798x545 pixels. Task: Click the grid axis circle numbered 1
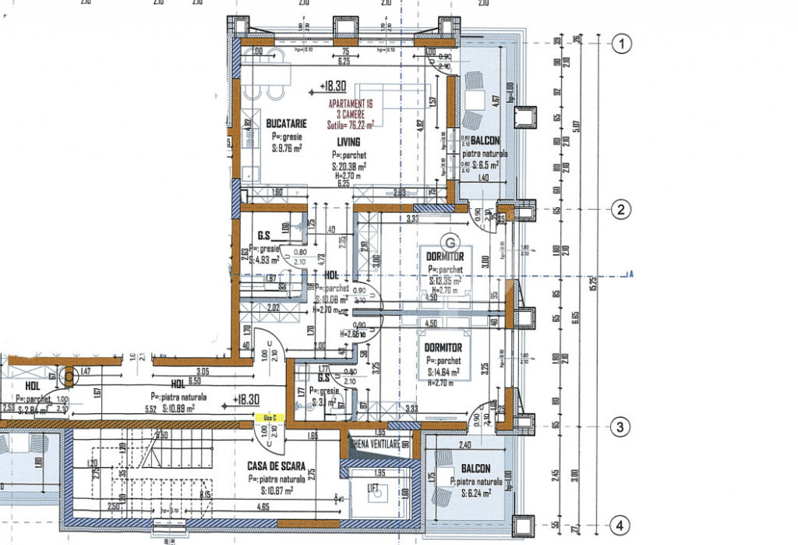tap(621, 44)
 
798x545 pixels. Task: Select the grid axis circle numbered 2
tap(621, 209)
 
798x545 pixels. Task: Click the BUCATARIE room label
tap(286, 123)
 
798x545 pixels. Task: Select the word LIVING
tap(348, 142)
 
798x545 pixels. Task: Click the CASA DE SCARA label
tap(277, 466)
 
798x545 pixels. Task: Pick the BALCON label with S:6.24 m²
tap(475, 469)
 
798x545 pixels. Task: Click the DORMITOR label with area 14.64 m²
tap(443, 348)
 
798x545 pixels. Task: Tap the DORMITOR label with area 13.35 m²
tap(445, 257)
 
